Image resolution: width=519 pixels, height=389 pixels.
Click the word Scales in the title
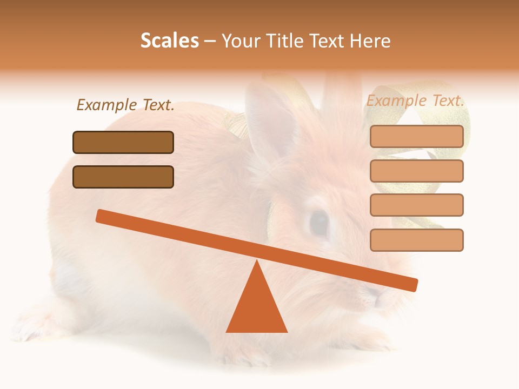pyautogui.click(x=170, y=41)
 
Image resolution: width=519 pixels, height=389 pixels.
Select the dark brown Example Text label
pyautogui.click(x=125, y=105)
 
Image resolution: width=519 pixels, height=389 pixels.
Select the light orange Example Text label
pyautogui.click(x=415, y=100)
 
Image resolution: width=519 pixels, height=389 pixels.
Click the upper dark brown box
pyautogui.click(x=123, y=142)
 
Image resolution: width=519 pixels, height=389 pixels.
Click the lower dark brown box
pyautogui.click(x=123, y=177)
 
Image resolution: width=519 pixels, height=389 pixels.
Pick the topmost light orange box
pyautogui.click(x=416, y=136)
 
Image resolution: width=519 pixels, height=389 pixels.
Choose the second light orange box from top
pyautogui.click(x=416, y=171)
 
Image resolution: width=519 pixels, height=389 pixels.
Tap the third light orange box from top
pyautogui.click(x=416, y=205)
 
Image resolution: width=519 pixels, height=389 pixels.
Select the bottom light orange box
pyautogui.click(x=416, y=240)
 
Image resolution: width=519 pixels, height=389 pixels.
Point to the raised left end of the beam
pyautogui.click(x=101, y=216)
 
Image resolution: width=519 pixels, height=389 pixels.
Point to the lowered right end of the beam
pyautogui.click(x=413, y=285)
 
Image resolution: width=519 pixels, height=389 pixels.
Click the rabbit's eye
pyautogui.click(x=319, y=223)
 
